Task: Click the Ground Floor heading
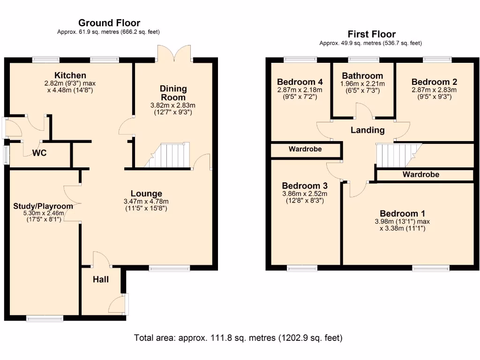click(109, 22)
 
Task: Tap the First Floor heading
click(371, 34)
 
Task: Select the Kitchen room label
click(70, 75)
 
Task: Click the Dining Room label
click(173, 93)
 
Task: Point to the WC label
click(39, 153)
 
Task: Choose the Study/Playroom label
click(43, 206)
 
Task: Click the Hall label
click(100, 279)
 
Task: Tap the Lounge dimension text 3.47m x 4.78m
click(146, 202)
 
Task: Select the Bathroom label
click(362, 76)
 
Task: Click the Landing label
click(367, 130)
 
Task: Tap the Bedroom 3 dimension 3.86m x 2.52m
click(305, 194)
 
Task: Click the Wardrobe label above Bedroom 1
click(420, 174)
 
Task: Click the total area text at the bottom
click(238, 337)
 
